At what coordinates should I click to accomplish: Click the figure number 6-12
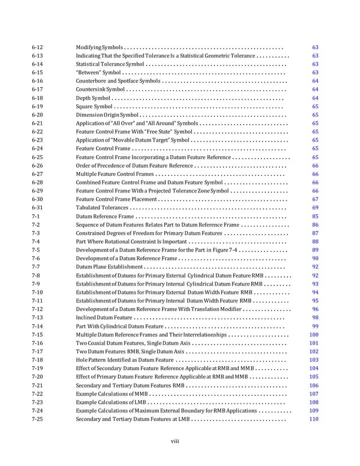37,47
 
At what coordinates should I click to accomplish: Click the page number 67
315,199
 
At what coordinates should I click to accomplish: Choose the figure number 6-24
37,148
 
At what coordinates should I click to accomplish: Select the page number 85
315,216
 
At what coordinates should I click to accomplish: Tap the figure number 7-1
35,216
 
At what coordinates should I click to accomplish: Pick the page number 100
314,335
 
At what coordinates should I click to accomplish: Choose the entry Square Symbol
94,106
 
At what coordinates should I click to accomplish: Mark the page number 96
315,309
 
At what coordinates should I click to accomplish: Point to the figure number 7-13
37,318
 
